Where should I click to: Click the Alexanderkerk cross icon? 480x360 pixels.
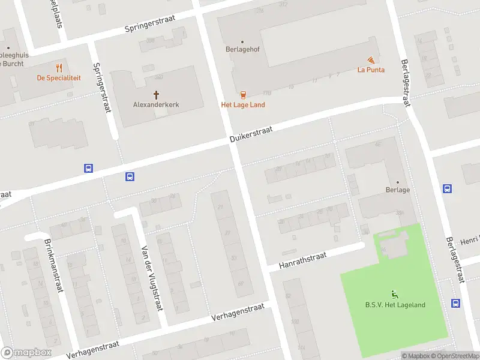tap(157, 94)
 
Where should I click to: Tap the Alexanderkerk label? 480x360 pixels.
tap(156, 104)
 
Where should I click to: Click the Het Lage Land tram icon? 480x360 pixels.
tap(243, 94)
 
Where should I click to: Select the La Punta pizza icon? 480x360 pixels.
tap(371, 59)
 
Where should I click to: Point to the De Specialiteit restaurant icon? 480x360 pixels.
tap(59, 68)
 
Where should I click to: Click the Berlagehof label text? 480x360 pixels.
tap(242, 50)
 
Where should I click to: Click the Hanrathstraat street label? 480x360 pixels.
tap(303, 261)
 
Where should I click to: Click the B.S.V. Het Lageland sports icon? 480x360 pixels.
tap(395, 294)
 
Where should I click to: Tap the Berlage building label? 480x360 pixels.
tap(398, 190)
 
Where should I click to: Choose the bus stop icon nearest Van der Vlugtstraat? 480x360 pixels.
tap(130, 176)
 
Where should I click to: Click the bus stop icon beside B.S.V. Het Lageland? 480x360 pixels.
tap(456, 304)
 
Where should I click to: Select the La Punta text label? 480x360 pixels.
tap(371, 70)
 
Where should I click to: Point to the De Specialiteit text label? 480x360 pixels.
tap(59, 78)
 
